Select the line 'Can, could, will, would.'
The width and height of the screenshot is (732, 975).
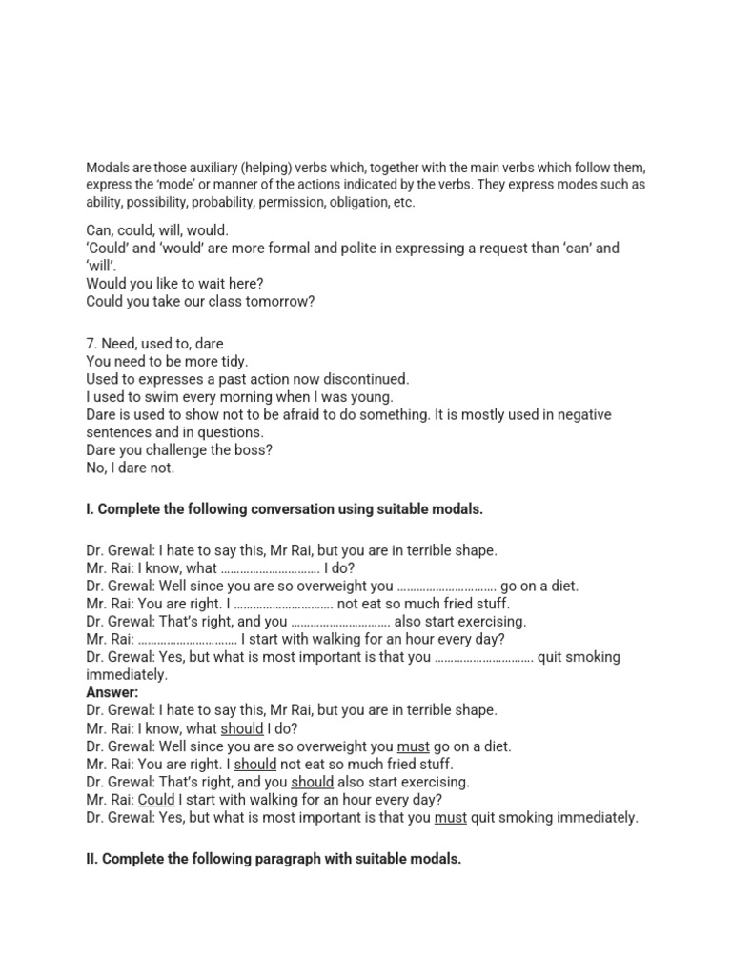pos(157,230)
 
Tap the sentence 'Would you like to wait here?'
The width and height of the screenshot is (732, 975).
pos(174,284)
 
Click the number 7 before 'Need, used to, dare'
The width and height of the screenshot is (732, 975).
pos(91,344)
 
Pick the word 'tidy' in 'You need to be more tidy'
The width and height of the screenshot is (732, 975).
pos(234,362)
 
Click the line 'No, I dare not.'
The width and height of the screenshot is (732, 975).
pos(131,468)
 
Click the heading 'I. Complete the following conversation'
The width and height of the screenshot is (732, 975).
pos(284,509)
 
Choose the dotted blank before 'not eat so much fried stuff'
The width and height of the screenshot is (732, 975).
pos(283,604)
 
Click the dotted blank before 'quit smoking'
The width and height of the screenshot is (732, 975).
pos(484,657)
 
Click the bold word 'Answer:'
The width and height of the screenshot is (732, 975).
pos(112,692)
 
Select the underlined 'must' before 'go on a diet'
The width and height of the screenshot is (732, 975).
pos(413,746)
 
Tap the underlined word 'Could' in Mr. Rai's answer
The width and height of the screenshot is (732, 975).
pos(156,800)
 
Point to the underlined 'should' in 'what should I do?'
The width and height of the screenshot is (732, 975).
pos(241,728)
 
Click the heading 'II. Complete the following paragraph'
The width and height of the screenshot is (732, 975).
pos(274,859)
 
